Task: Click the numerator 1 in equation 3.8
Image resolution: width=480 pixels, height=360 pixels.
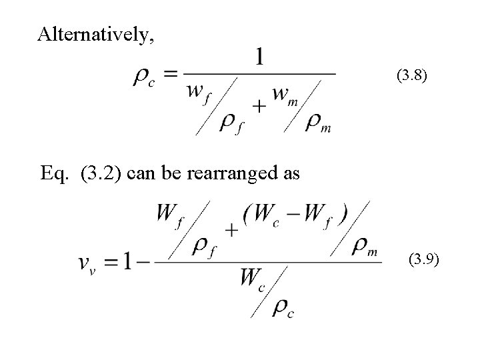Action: tap(259, 57)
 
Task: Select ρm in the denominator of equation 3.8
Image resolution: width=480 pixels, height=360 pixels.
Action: tap(318, 123)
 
